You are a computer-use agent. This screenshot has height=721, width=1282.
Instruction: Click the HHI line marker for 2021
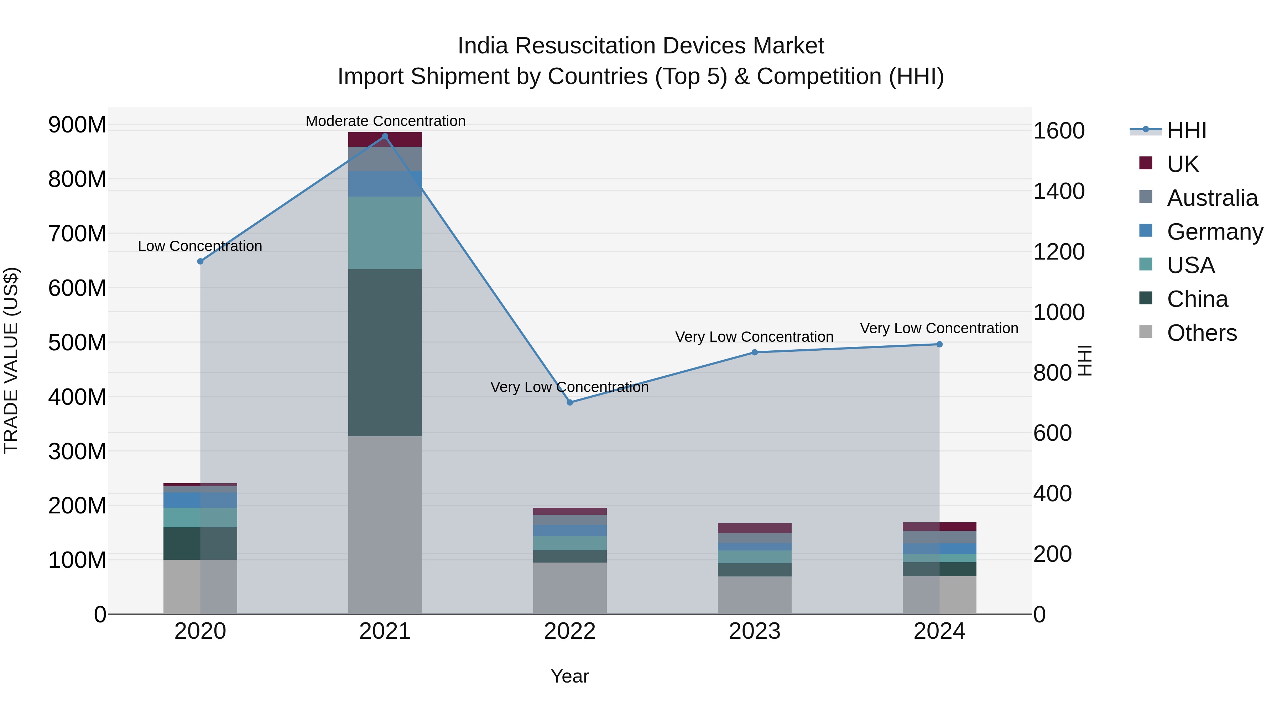[x=385, y=136]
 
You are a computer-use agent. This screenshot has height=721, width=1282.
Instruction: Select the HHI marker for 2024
[x=939, y=344]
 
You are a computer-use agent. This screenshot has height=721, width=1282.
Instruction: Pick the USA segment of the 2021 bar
[x=385, y=233]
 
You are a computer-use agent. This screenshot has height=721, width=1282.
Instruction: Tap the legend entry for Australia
[x=1212, y=198]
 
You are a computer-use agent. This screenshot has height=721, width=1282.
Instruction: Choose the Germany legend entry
[x=1214, y=232]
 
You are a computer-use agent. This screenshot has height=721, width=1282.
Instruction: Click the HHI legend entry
[x=1187, y=130]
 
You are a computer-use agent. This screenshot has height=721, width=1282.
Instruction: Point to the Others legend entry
[x=1202, y=333]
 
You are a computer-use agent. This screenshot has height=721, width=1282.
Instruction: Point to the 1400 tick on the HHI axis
[x=1059, y=191]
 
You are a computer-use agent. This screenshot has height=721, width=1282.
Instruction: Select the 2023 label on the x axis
[x=755, y=631]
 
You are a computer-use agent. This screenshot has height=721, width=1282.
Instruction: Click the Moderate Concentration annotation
[x=385, y=121]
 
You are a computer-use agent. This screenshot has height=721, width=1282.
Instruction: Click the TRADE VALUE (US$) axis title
[x=11, y=360]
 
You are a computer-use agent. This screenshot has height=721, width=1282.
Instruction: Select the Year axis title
[x=570, y=676]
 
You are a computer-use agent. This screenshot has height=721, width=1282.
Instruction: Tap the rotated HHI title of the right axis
[x=1085, y=360]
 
